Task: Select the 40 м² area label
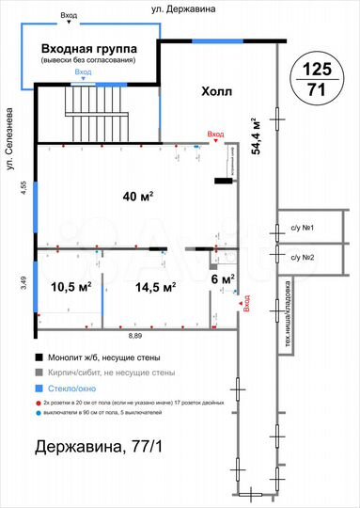[138, 196]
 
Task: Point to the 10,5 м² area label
[70, 286]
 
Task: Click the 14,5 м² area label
[155, 286]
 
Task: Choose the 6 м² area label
[222, 278]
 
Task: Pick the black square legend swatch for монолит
[39, 357]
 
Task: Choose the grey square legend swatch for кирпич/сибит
[39, 373]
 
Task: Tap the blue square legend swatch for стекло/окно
[39, 389]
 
